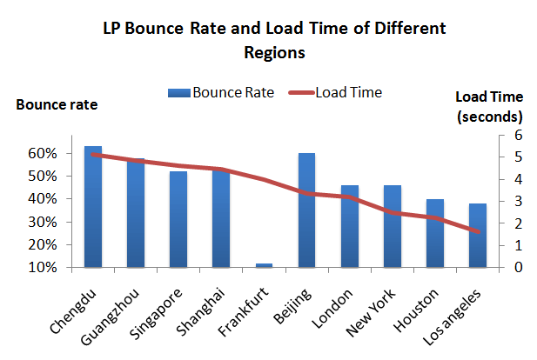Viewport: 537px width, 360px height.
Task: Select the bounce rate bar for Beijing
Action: point(306,210)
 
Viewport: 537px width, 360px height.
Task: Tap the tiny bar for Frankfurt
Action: point(264,264)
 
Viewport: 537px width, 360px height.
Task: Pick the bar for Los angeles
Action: point(477,235)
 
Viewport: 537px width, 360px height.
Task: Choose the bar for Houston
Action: point(434,232)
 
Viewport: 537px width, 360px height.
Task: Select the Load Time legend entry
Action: point(337,91)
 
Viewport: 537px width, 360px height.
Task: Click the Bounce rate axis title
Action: point(57,105)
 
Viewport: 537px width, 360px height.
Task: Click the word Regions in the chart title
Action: point(275,51)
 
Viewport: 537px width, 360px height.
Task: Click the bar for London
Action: point(349,226)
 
